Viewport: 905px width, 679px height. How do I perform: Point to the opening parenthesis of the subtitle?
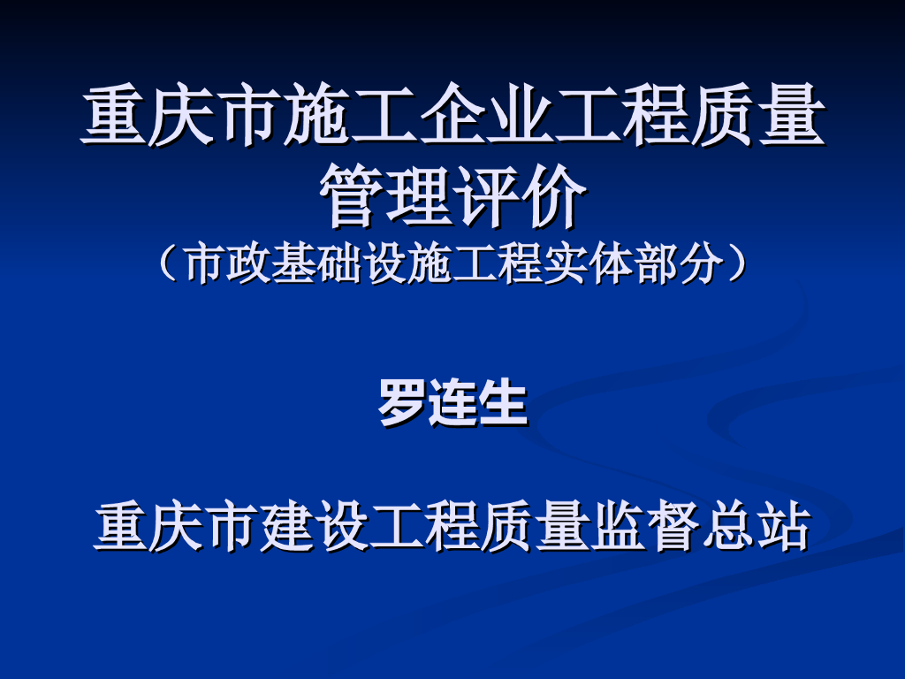point(168,263)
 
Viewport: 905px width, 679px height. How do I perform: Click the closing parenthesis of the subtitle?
point(737,263)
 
